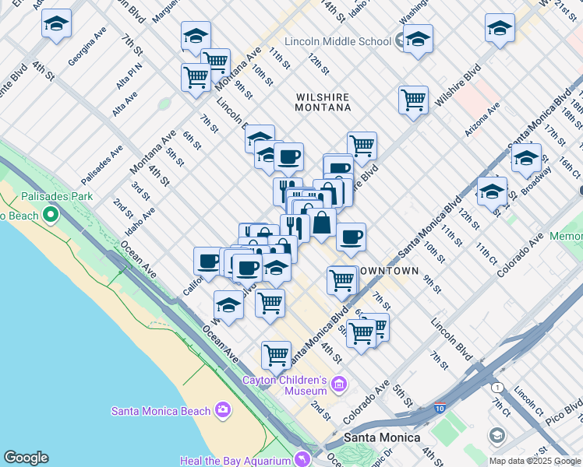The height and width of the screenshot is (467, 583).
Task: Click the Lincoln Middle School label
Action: [x=337, y=40]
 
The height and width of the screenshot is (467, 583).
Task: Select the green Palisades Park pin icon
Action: [x=52, y=212]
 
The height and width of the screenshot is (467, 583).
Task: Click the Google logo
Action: [x=26, y=458]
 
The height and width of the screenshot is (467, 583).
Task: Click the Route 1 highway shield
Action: [x=497, y=387]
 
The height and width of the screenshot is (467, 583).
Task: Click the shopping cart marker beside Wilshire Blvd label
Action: [x=412, y=100]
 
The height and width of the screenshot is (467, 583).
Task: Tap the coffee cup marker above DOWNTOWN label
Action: [x=351, y=237]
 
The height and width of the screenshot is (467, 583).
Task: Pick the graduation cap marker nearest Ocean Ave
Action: [x=228, y=306]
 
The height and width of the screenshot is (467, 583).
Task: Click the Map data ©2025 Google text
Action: [x=535, y=461]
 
